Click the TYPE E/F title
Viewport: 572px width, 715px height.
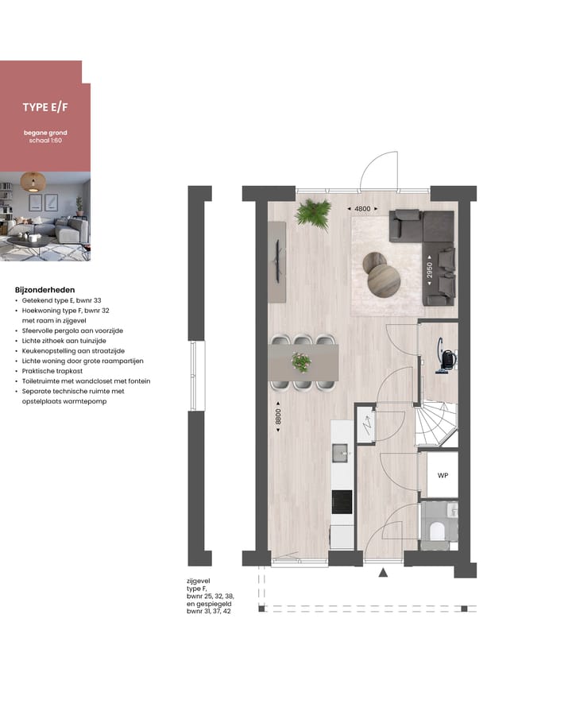44,106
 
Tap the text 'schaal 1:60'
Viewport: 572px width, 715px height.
44,141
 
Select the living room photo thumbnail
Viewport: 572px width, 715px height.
44,216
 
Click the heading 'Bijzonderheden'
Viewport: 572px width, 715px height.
44,290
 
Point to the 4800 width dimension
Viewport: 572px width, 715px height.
362,209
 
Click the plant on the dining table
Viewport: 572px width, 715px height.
301,361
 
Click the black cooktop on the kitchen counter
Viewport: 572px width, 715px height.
342,503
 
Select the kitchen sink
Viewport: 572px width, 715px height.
344,454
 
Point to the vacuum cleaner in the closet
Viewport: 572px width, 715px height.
447,360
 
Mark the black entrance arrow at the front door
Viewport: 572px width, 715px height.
384,572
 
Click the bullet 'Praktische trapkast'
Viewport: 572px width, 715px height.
51,371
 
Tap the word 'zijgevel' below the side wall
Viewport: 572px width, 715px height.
199,582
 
